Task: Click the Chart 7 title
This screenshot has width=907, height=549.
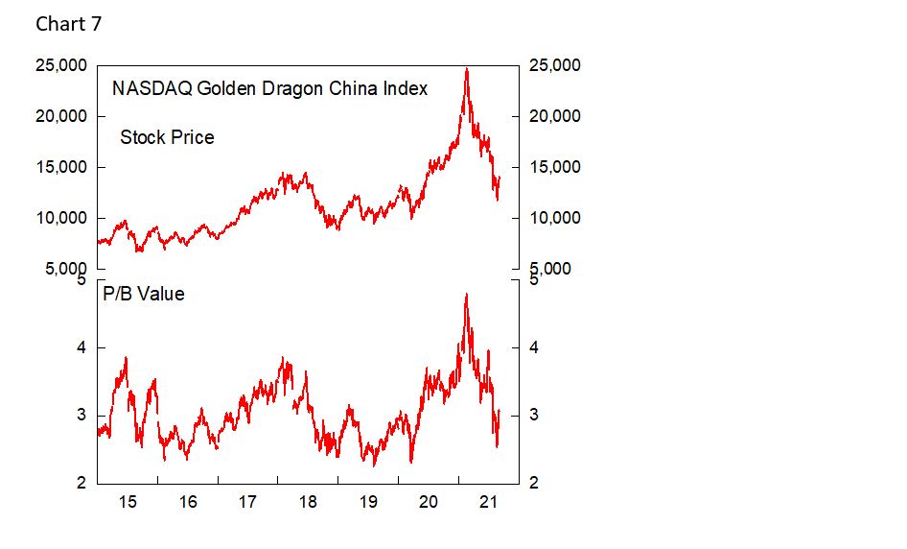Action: point(68,24)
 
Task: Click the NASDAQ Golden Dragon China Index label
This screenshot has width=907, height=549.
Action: point(269,88)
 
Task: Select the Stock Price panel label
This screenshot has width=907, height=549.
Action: point(167,137)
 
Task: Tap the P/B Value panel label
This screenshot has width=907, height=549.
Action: point(144,294)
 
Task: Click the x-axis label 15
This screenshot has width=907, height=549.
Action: point(128,501)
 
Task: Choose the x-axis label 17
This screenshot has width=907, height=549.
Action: point(247,501)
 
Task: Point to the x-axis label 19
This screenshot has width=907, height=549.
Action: point(368,501)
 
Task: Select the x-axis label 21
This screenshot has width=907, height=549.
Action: point(489,501)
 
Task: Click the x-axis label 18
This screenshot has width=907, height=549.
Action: point(308,501)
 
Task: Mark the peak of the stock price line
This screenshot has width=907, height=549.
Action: point(466,68)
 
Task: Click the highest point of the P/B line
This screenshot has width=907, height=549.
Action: point(466,294)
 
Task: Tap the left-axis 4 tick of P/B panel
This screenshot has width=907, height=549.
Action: point(81,347)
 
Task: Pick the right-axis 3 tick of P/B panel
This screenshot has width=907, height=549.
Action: point(535,416)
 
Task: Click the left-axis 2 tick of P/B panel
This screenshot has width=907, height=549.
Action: point(81,483)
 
